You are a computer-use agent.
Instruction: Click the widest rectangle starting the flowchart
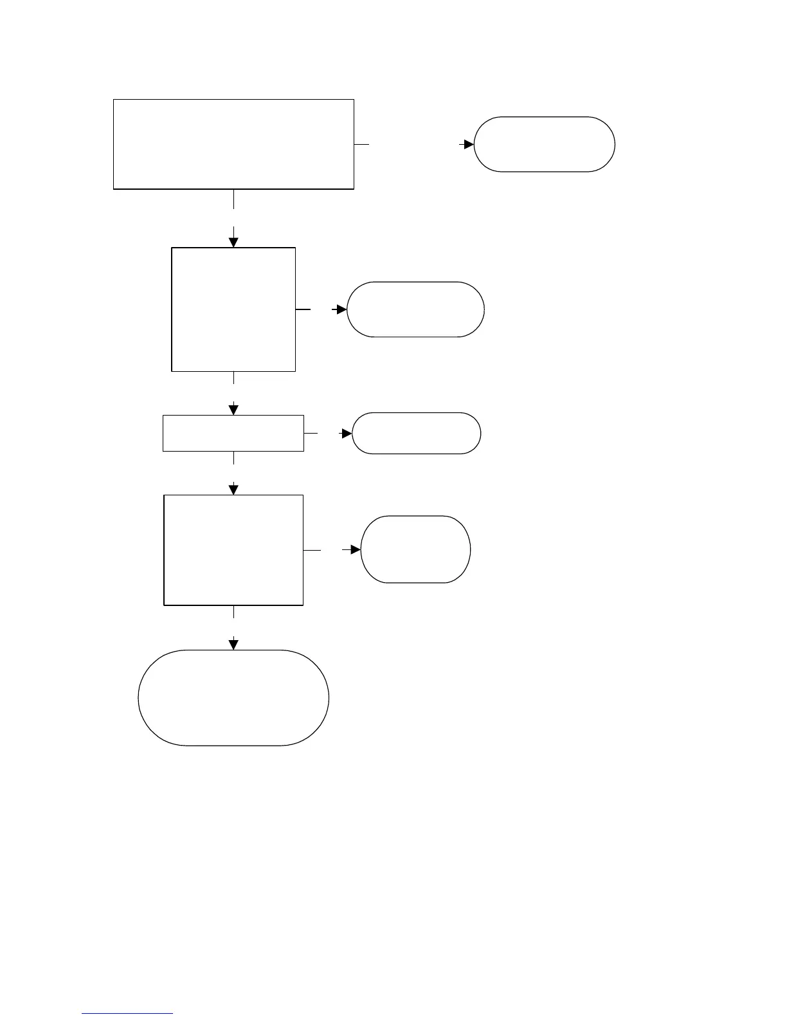click(233, 144)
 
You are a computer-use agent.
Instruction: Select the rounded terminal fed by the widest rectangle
click(544, 144)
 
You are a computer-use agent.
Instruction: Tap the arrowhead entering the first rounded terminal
click(469, 145)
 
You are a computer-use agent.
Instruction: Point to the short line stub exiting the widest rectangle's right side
click(362, 144)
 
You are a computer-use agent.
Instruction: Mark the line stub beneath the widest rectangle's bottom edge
click(233, 199)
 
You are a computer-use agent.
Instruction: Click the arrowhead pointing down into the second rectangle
click(233, 242)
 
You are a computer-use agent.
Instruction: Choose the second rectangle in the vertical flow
click(233, 309)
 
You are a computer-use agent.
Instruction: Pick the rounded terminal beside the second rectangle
click(415, 309)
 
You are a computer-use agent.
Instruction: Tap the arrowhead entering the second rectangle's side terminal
click(341, 309)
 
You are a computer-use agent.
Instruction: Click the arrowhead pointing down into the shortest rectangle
click(233, 410)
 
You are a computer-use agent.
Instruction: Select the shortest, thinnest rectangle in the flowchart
click(233, 433)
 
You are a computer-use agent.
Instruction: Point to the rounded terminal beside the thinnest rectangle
click(416, 433)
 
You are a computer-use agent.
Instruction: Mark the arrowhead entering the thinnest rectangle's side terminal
click(347, 434)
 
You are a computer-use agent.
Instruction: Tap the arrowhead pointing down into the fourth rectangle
click(233, 490)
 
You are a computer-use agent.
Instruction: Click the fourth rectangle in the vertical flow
click(233, 550)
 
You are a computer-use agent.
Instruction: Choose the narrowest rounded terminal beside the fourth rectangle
click(415, 549)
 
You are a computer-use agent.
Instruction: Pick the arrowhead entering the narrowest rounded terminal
click(356, 550)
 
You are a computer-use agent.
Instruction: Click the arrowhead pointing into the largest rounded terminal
click(233, 645)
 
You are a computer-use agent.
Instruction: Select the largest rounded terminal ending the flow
click(233, 698)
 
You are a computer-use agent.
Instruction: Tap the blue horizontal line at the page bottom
click(127, 1014)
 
